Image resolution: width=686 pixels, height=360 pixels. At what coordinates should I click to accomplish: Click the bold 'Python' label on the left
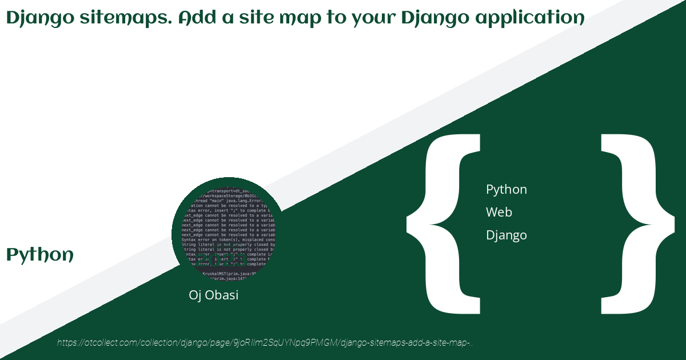coord(40,255)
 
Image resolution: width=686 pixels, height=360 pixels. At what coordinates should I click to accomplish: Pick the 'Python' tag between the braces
coord(506,189)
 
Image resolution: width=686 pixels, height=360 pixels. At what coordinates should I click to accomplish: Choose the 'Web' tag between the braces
coord(499,212)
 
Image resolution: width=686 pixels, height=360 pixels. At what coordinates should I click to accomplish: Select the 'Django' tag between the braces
coord(506,235)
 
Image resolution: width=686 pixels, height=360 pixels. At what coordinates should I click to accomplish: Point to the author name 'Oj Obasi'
coord(213,295)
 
